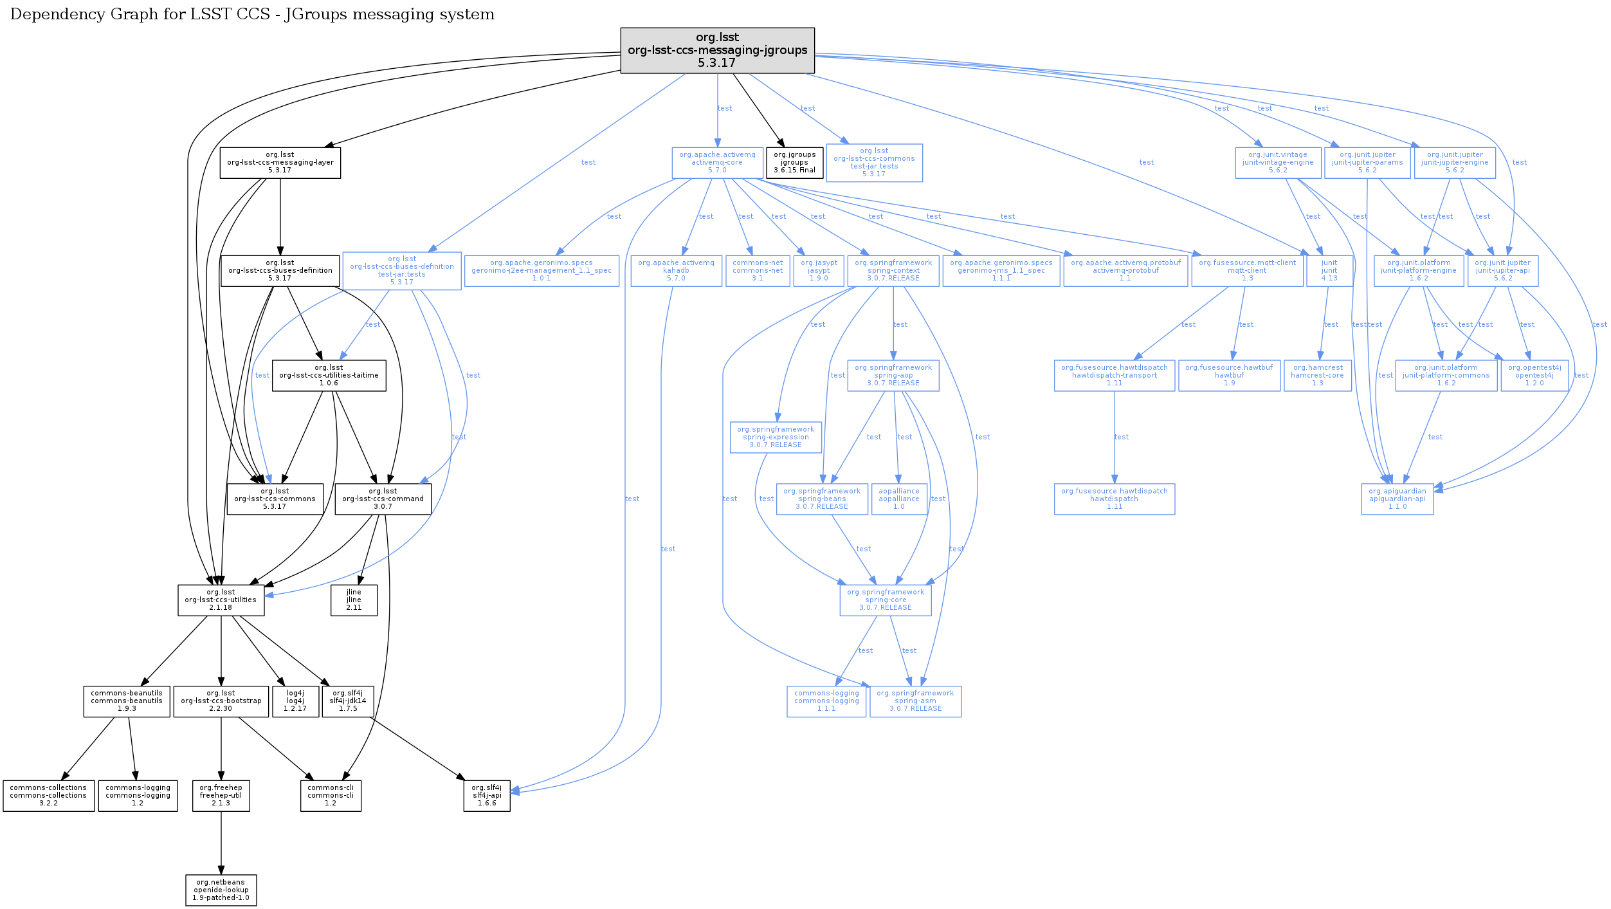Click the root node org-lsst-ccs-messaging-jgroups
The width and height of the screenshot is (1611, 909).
pyautogui.click(x=717, y=50)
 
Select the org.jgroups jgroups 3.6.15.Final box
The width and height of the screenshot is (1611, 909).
pyautogui.click(x=794, y=163)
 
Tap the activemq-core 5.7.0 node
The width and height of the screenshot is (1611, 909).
pyautogui.click(x=717, y=163)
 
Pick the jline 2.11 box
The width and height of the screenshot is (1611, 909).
pyautogui.click(x=354, y=600)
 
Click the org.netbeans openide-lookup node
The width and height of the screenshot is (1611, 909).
pyautogui.click(x=221, y=890)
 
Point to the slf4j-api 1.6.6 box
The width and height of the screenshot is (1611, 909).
pyautogui.click(x=487, y=796)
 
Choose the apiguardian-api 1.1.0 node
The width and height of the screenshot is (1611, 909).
pyautogui.click(x=1397, y=499)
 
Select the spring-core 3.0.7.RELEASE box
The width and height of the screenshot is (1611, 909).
pyautogui.click(x=885, y=600)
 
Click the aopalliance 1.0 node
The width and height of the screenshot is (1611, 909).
pyautogui.click(x=898, y=499)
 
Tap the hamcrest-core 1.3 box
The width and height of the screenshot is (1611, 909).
pyautogui.click(x=1317, y=376)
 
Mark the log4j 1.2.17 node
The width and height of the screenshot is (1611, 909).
pyautogui.click(x=295, y=701)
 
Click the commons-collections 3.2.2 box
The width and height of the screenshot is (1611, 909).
pyautogui.click(x=48, y=796)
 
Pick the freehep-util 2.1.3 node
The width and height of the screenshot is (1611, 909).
pyautogui.click(x=221, y=796)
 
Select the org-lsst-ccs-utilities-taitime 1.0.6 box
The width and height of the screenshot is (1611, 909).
pyautogui.click(x=329, y=376)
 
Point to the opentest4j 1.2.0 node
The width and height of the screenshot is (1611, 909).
pyautogui.click(x=1534, y=376)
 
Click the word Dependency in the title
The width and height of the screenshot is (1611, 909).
pyautogui.click(x=51, y=14)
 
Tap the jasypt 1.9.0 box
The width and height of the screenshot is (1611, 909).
pyautogui.click(x=819, y=271)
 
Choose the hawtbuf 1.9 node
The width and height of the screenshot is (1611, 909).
pyautogui.click(x=1229, y=376)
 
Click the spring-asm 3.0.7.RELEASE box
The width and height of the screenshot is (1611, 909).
pyautogui.click(x=915, y=701)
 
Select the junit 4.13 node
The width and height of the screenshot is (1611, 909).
pyautogui.click(x=1329, y=271)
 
